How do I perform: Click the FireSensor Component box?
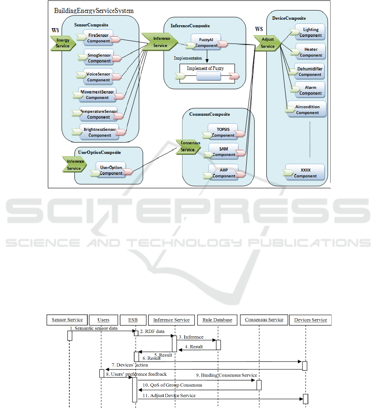pos(99,38)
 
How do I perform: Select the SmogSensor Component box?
pos(99,58)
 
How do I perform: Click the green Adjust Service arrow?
pos(267,43)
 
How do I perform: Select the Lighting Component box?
pos(310,32)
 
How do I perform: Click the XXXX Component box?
pos(305,173)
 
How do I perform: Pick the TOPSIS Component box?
pos(223,132)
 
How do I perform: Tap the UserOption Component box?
pos(111,170)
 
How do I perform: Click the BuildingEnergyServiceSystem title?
pos(94,10)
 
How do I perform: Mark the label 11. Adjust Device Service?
pos(169,395)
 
